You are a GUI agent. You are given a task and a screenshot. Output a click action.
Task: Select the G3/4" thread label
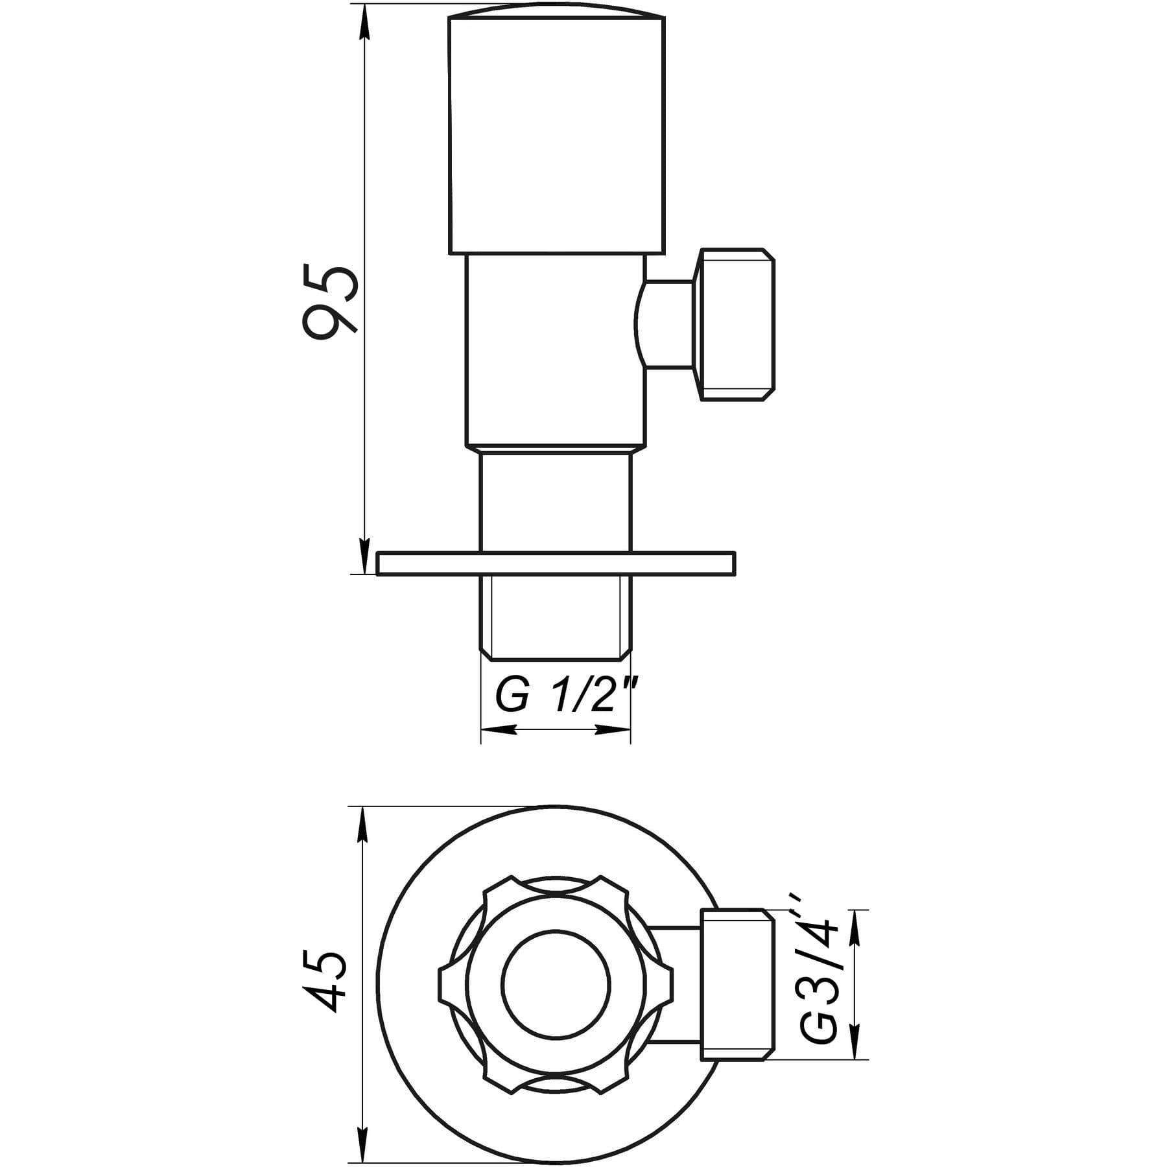pyautogui.click(x=818, y=985)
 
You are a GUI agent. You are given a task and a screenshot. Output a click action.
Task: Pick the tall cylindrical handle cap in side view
pyautogui.click(x=557, y=132)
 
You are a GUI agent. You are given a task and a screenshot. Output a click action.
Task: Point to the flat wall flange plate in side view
pyautogui.click(x=556, y=563)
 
